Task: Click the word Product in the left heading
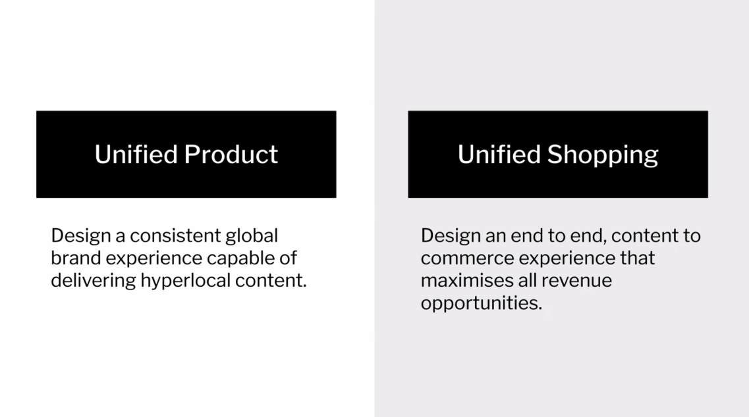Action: tap(231, 155)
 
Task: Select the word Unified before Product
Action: tap(136, 155)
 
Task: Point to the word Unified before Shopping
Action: tap(499, 155)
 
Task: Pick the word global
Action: tap(252, 236)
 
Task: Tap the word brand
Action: tap(76, 258)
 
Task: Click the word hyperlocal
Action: tap(185, 281)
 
